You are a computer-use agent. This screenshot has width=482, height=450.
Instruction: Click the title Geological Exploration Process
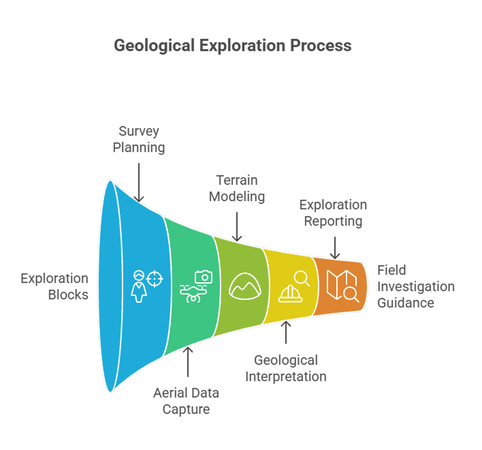(233, 46)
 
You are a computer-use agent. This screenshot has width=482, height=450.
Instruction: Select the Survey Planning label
(139, 139)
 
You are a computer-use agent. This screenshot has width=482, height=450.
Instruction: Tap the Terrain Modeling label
(237, 188)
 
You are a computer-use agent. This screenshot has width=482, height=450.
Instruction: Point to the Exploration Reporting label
(333, 213)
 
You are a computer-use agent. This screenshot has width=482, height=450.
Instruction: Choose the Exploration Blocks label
(54, 286)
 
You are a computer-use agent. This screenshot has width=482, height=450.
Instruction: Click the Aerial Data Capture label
(187, 401)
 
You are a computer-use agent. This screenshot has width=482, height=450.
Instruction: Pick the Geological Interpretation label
(286, 368)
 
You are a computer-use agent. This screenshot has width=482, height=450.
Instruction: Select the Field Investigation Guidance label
(416, 286)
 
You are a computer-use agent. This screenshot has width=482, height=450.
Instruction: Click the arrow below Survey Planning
(139, 183)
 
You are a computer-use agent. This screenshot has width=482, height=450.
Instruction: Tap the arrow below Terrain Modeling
(237, 227)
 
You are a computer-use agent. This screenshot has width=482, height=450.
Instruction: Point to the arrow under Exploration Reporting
(335, 247)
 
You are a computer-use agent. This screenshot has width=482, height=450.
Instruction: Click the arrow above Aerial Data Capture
(188, 362)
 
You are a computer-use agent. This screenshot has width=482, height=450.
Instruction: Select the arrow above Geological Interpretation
(286, 333)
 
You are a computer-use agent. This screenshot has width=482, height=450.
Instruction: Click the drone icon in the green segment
(193, 293)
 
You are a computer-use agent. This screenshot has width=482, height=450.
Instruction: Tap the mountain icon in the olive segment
(245, 286)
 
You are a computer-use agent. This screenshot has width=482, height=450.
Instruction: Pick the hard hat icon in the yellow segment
(290, 294)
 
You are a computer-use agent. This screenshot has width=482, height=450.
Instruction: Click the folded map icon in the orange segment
(342, 286)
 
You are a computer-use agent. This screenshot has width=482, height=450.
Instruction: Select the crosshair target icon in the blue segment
(155, 279)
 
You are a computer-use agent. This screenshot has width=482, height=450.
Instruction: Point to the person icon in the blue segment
(139, 286)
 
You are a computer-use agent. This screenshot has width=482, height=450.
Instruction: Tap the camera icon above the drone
(204, 277)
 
